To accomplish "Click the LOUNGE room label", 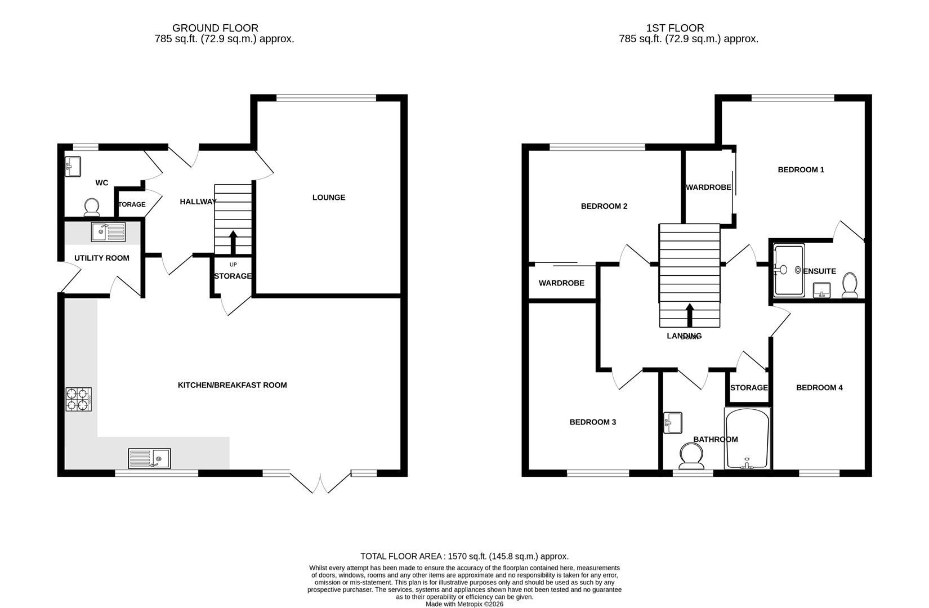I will [x=329, y=198].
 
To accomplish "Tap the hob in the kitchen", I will [x=79, y=399].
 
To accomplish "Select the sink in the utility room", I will [x=108, y=231].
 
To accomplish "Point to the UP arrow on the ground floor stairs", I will [x=233, y=243].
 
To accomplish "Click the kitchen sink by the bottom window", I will [x=149, y=458].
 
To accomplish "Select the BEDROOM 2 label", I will [x=604, y=206].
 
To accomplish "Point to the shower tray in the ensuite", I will [x=789, y=270].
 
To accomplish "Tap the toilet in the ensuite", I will [x=850, y=285].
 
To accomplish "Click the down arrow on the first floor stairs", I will [x=689, y=316].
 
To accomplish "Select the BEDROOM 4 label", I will [x=819, y=388].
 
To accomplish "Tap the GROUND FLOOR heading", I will [x=215, y=28].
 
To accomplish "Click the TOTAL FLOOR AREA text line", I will [x=464, y=556].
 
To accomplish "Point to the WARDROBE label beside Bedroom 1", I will [x=708, y=187].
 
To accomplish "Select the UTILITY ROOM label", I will [x=102, y=258].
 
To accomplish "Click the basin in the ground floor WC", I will [x=73, y=166].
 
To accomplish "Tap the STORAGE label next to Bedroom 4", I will [x=749, y=388].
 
